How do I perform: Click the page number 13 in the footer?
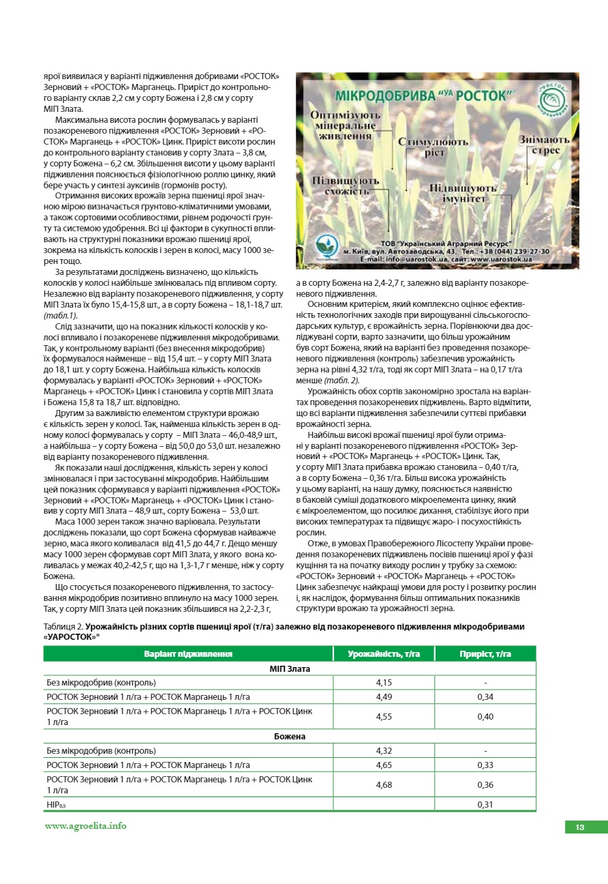click(x=579, y=827)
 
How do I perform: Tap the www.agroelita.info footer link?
click(x=85, y=825)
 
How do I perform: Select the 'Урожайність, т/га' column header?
click(x=384, y=653)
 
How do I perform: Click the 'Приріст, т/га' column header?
click(x=485, y=653)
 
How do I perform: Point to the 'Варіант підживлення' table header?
click(x=188, y=653)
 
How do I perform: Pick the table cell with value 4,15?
click(x=384, y=682)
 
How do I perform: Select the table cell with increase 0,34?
click(x=485, y=696)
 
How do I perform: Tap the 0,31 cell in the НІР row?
click(x=485, y=805)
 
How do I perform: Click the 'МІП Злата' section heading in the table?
click(x=290, y=668)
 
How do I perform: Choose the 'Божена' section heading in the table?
click(x=290, y=737)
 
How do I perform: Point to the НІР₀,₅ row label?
click(x=56, y=805)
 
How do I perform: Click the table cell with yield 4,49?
click(x=384, y=696)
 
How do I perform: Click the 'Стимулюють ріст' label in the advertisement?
click(x=434, y=147)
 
